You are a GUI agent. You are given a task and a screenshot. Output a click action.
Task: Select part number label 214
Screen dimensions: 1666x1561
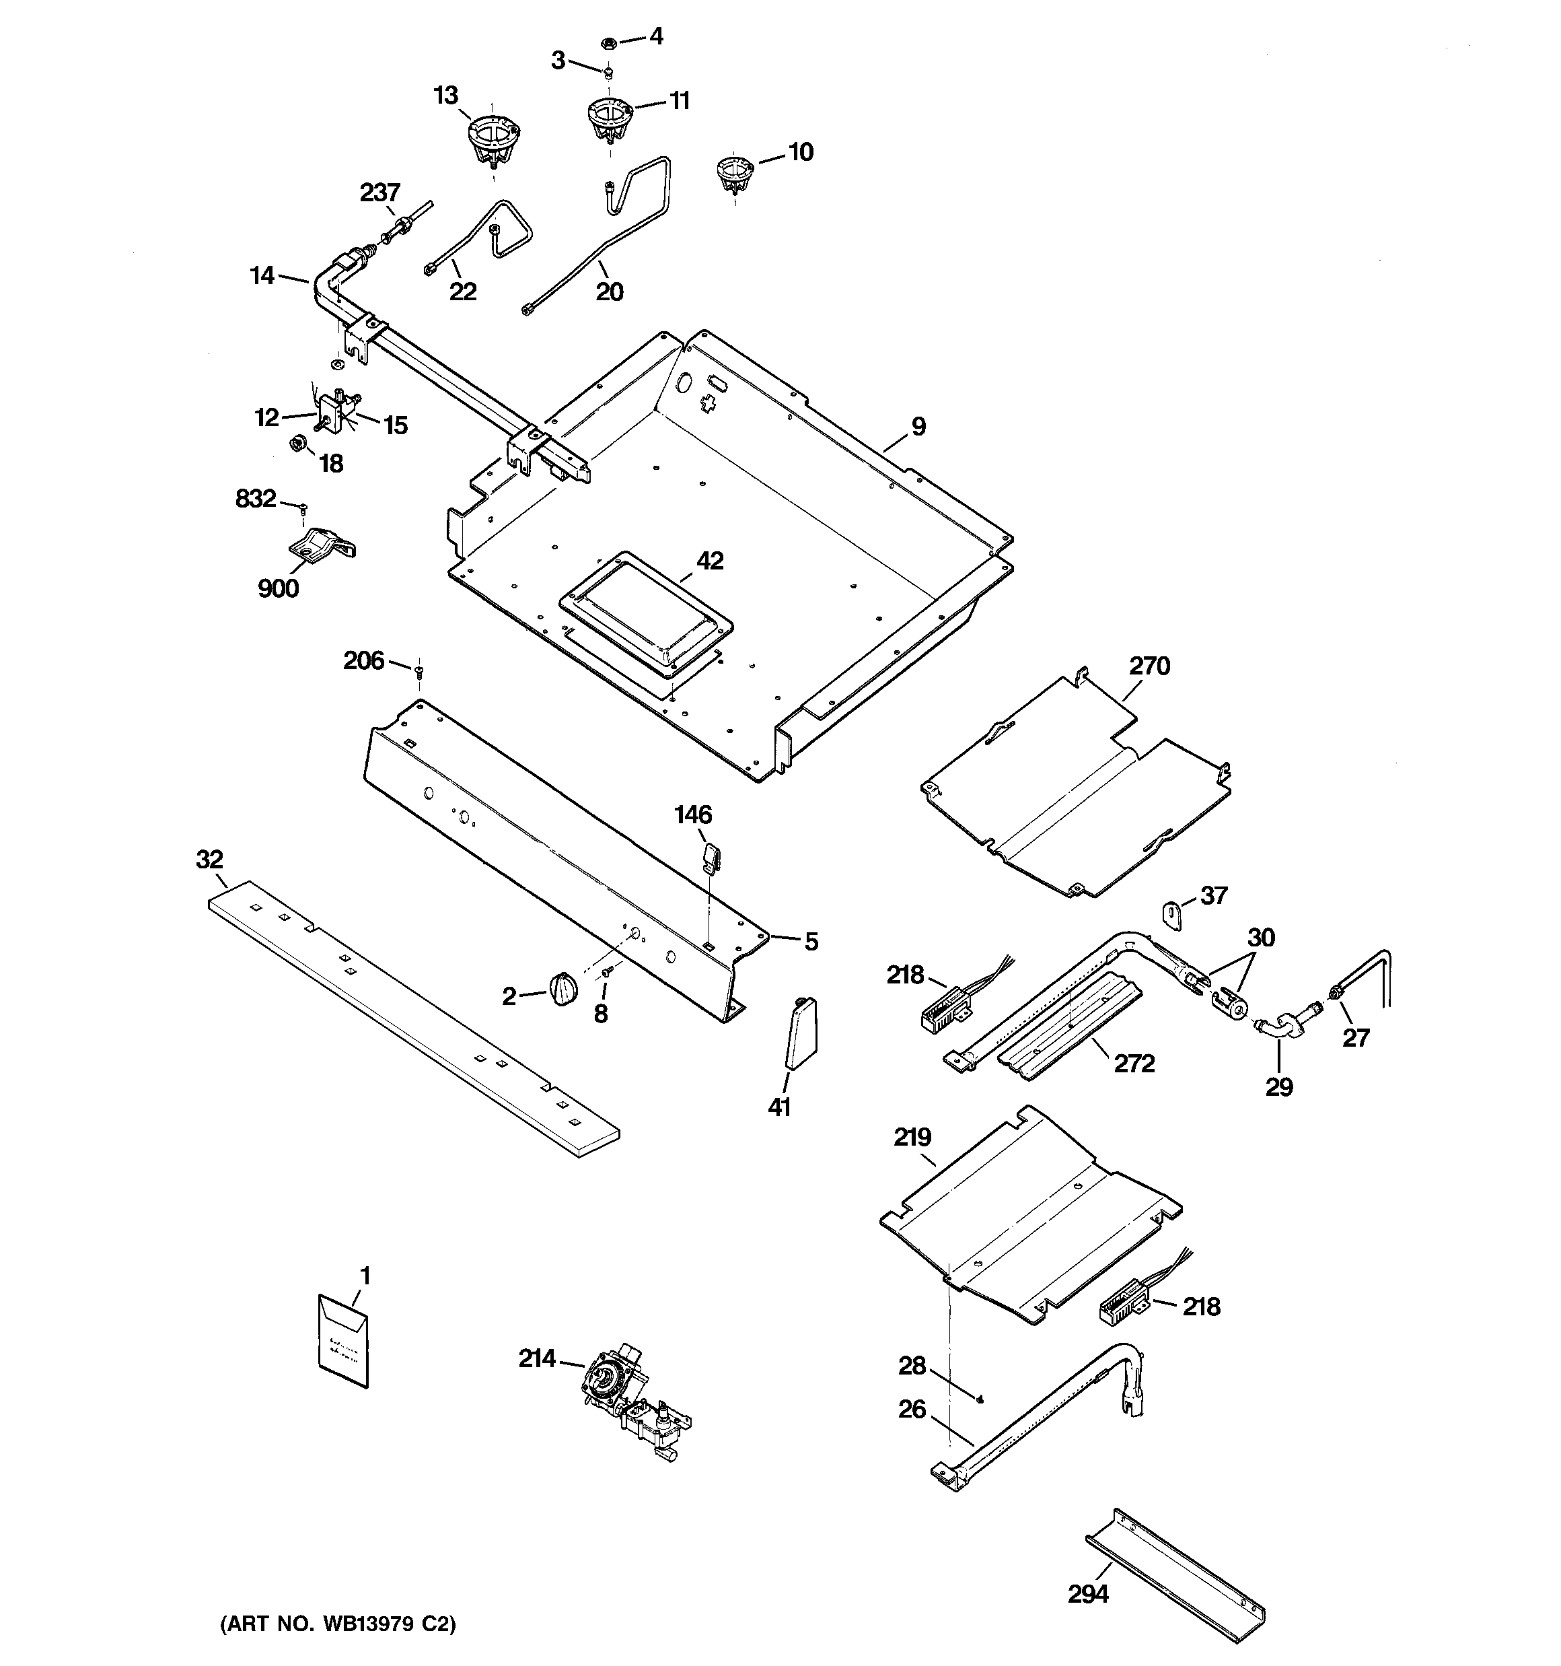537,1359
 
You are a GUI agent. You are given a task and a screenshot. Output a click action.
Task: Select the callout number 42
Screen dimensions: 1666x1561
710,561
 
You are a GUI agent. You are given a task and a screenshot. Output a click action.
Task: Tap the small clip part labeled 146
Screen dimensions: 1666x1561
711,856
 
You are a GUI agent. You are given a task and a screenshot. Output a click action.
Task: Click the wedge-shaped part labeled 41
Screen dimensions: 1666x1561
801,1033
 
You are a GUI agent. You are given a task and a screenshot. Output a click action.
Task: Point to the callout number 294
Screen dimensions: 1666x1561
1087,1594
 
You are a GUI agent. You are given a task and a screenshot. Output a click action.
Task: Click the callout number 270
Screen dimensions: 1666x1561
1149,666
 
